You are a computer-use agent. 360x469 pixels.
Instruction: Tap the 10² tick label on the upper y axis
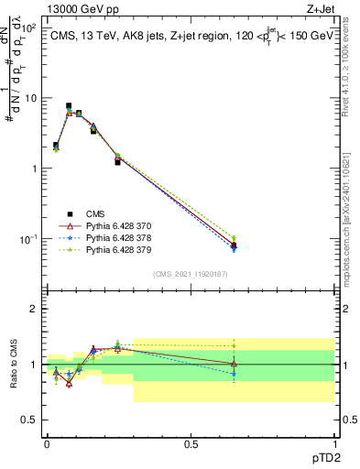(x=27, y=27)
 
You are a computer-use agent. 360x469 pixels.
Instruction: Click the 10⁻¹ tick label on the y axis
(x=27, y=239)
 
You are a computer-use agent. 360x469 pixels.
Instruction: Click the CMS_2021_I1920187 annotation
(x=191, y=273)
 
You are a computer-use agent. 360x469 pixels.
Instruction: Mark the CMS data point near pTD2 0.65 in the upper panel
(x=234, y=245)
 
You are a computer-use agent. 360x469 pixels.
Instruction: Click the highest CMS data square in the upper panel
(x=69, y=106)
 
